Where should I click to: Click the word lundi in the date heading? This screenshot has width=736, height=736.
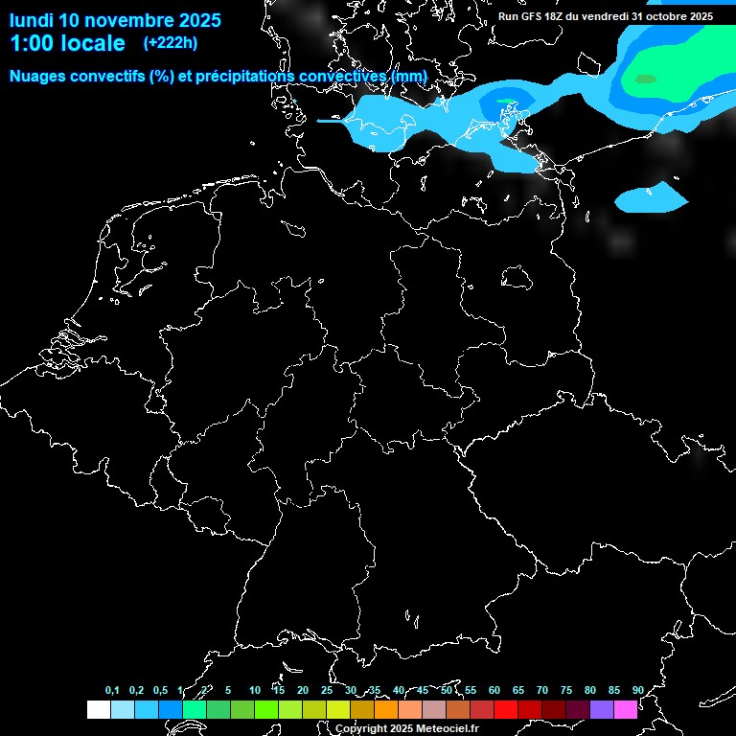31,20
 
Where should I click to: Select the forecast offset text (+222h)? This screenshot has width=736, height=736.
171,43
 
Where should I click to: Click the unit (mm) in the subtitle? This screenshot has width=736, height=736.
409,76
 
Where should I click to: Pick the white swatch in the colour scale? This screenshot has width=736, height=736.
99,710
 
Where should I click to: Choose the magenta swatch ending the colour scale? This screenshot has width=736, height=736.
626,710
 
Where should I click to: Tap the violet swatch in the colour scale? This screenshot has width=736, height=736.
602,710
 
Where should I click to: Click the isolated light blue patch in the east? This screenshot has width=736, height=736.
651,199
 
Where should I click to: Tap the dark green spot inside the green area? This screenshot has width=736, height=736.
645,80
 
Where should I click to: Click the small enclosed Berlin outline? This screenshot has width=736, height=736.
517,276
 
